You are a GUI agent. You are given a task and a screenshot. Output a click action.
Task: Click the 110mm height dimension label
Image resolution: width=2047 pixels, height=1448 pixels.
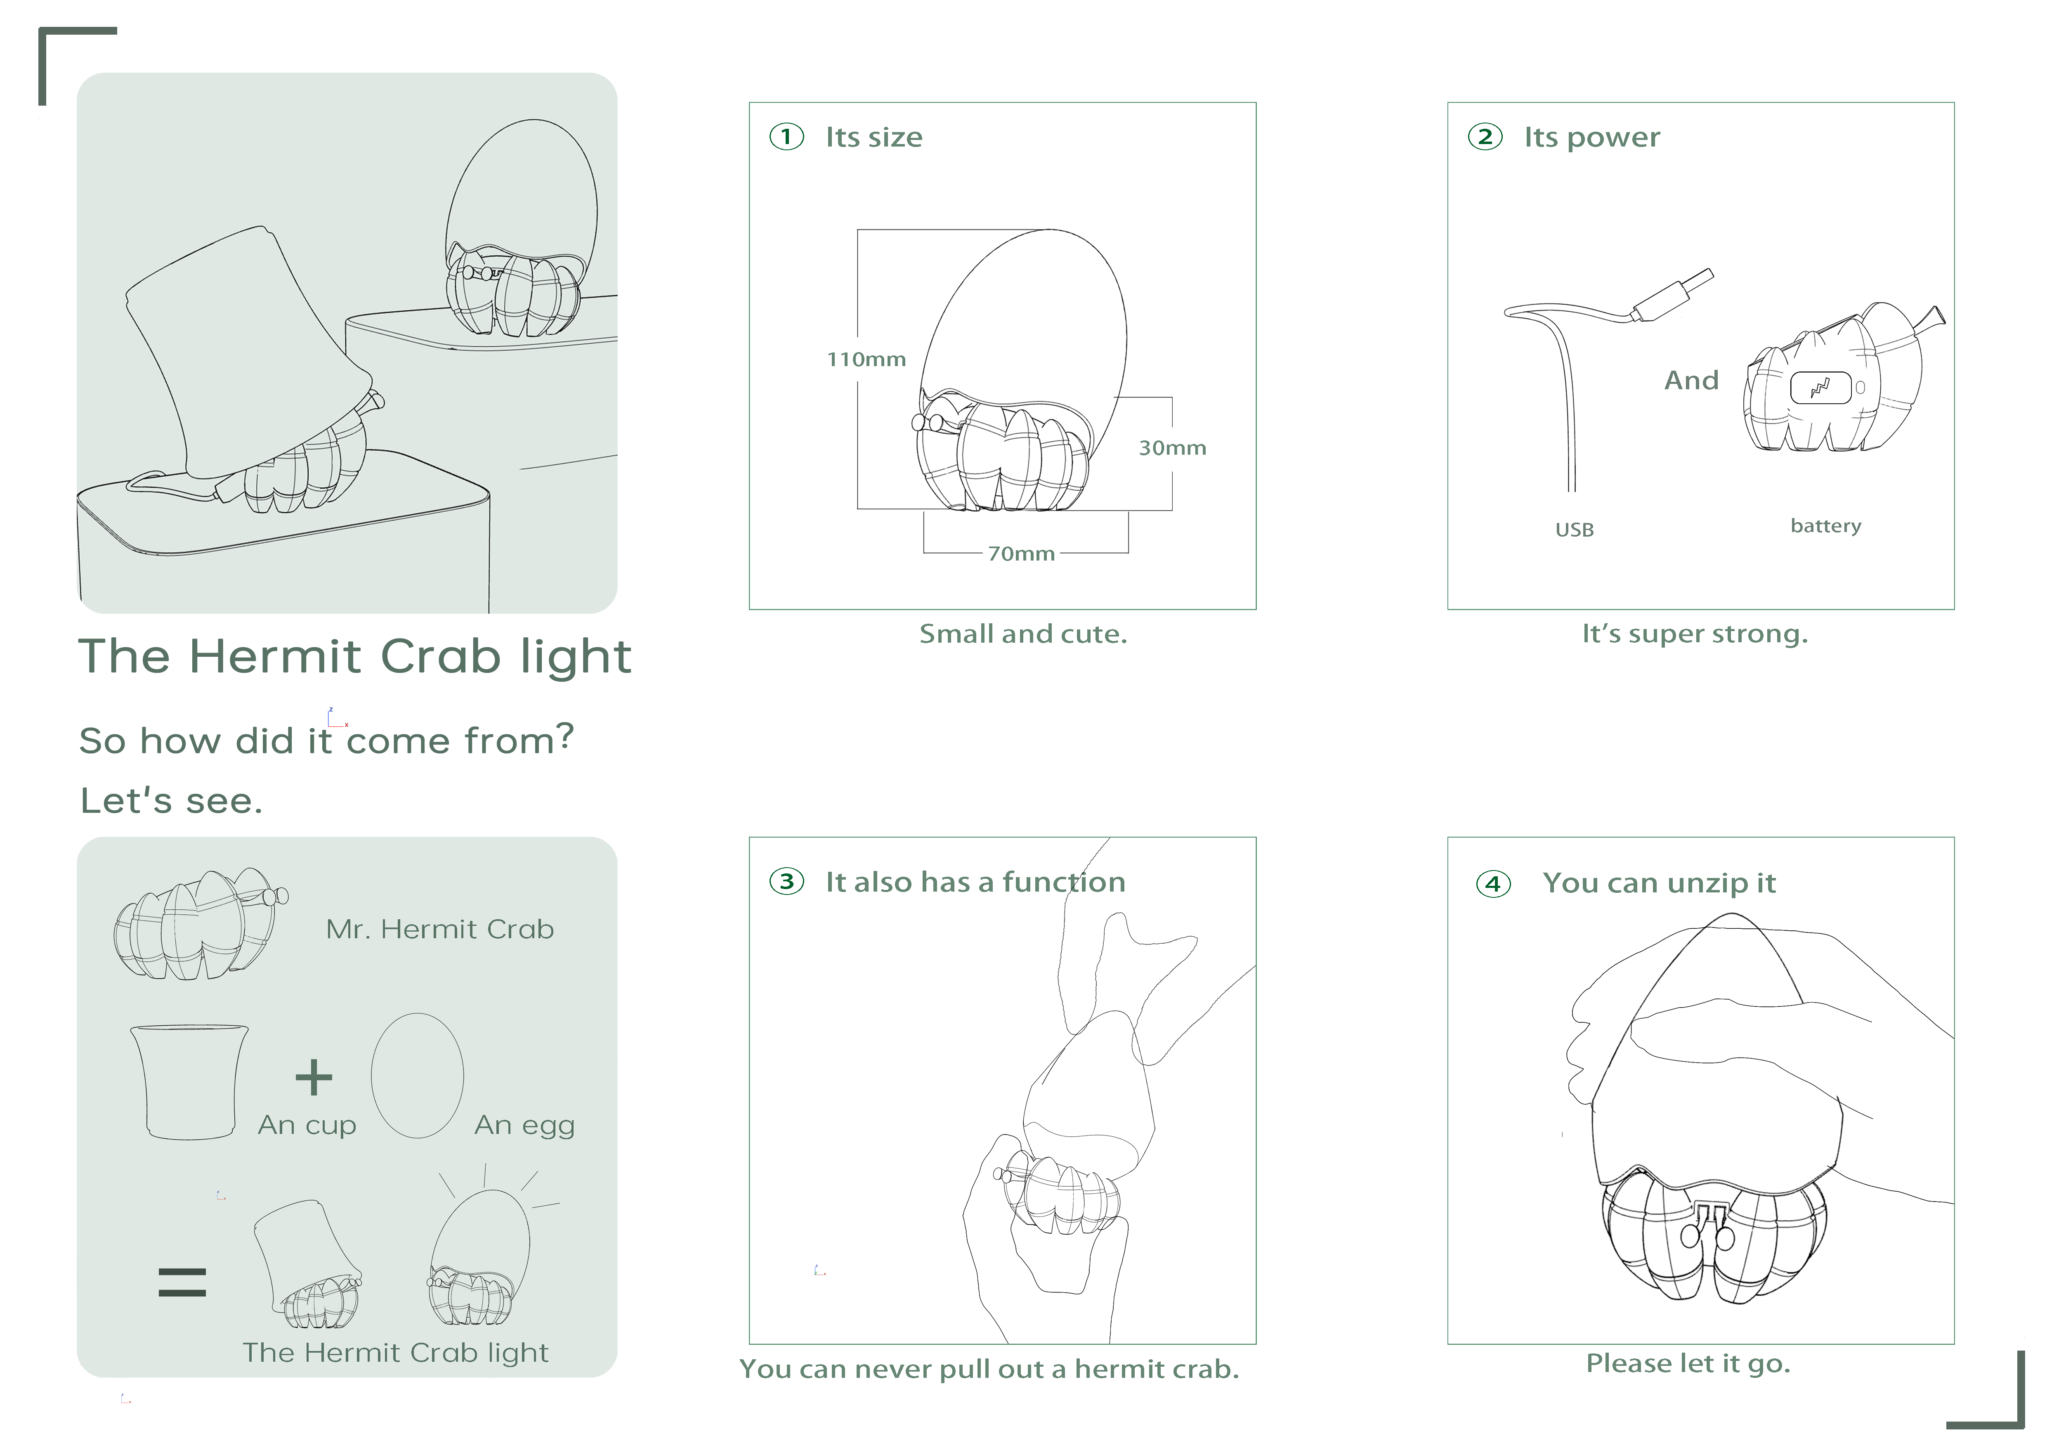866,360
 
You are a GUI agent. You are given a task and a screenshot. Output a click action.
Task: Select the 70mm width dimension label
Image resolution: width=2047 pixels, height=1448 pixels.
1021,554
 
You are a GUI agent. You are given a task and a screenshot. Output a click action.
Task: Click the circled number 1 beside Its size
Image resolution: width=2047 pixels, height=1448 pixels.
786,137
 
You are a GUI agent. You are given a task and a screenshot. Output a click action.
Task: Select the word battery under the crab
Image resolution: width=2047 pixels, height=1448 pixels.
1825,526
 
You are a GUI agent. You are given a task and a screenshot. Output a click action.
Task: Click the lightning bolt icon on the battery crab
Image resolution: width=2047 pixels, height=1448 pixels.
1820,388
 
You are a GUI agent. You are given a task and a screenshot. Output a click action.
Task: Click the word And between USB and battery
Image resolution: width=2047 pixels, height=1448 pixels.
1690,381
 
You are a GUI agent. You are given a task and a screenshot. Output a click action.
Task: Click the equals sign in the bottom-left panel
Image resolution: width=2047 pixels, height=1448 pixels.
182,1282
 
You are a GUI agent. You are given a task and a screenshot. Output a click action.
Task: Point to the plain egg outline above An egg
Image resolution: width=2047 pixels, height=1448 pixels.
417,1075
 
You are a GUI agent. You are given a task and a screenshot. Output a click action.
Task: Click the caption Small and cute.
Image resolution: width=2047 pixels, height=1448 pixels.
1022,634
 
